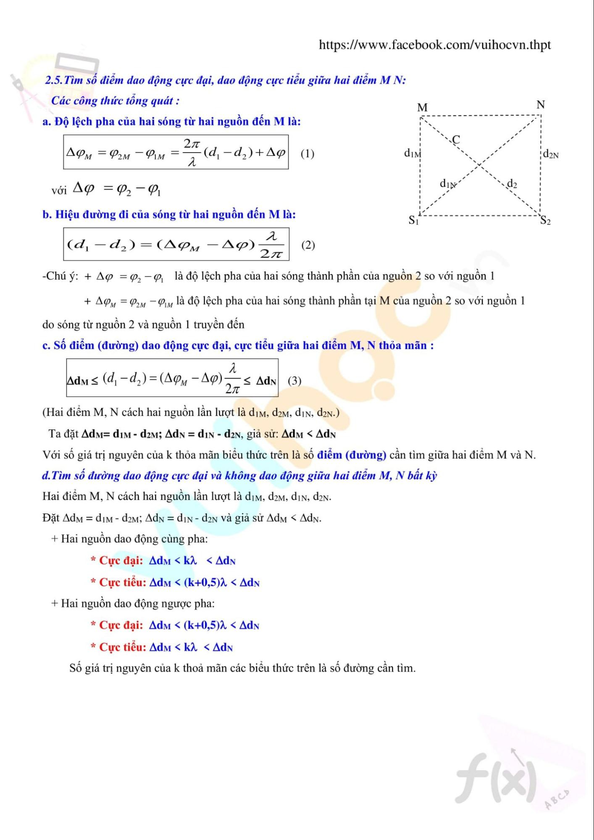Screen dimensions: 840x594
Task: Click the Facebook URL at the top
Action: click(x=434, y=45)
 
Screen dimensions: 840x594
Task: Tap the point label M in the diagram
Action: click(x=422, y=108)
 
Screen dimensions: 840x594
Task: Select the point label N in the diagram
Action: click(x=541, y=105)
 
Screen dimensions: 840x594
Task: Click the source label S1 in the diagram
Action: click(x=414, y=220)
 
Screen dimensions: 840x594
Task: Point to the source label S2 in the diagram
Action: click(x=545, y=220)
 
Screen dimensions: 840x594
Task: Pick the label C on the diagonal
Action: click(x=456, y=139)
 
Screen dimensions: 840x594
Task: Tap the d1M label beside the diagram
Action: click(x=412, y=153)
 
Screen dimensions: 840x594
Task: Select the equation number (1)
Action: click(x=307, y=153)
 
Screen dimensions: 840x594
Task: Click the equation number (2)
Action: click(x=308, y=245)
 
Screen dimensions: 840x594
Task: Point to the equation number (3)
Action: click(x=294, y=381)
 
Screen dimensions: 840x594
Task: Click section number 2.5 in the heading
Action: click(x=54, y=80)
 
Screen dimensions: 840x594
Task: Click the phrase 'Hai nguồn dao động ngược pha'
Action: click(x=137, y=603)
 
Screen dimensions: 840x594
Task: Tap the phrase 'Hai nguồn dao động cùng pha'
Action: click(x=134, y=539)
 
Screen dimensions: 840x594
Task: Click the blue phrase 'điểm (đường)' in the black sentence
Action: click(x=352, y=455)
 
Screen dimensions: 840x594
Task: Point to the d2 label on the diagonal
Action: click(x=512, y=183)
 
